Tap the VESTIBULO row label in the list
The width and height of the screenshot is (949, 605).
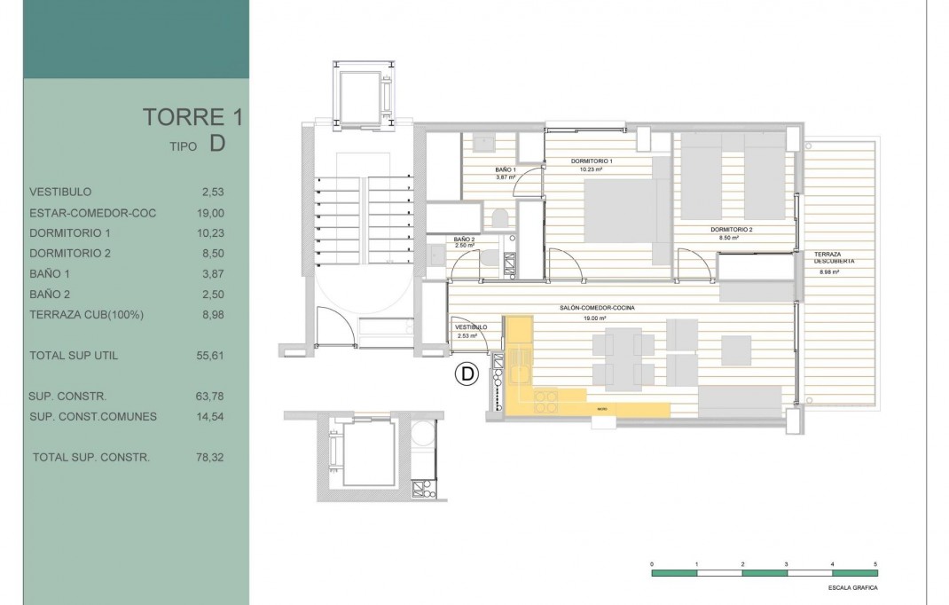pyautogui.click(x=60, y=192)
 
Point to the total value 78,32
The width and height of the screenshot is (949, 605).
pyautogui.click(x=213, y=458)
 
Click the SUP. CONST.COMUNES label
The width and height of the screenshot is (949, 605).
pyautogui.click(x=93, y=417)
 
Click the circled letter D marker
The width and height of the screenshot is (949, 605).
pyautogui.click(x=467, y=375)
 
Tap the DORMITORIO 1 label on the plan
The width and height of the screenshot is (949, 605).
pyautogui.click(x=592, y=161)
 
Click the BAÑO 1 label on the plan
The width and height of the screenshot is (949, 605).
pyautogui.click(x=505, y=169)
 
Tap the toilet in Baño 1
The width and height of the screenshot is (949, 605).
pyautogui.click(x=499, y=217)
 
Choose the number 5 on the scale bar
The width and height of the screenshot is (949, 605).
pyautogui.click(x=876, y=564)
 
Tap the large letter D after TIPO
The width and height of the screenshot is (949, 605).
pyautogui.click(x=217, y=145)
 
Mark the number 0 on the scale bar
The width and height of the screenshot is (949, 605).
pyautogui.click(x=652, y=564)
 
